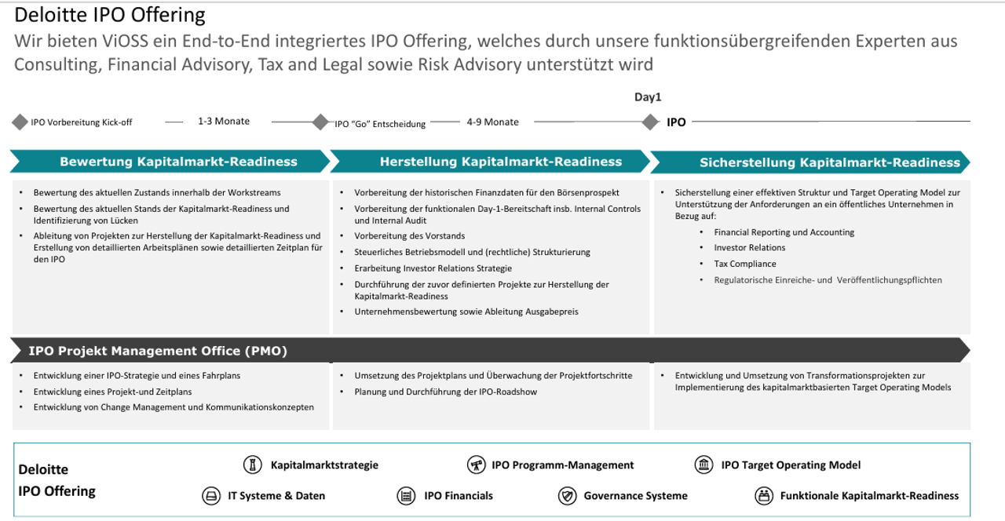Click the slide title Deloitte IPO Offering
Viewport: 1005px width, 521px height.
[x=110, y=15]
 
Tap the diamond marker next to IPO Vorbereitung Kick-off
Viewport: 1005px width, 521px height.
[x=20, y=122]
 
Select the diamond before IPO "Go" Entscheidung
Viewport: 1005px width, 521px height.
[x=320, y=122]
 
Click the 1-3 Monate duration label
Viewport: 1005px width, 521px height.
[x=224, y=122]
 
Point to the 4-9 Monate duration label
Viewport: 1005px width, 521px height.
[x=492, y=122]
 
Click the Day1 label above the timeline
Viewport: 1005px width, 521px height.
[x=648, y=97]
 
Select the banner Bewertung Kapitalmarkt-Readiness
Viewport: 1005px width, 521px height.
[x=178, y=162]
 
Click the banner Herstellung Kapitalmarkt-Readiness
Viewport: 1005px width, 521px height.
[x=500, y=162]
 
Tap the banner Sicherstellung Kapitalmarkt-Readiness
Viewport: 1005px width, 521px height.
[x=829, y=162]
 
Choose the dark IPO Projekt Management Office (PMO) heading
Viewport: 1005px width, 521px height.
[x=158, y=351]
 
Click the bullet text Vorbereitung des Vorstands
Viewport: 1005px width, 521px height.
[x=409, y=236]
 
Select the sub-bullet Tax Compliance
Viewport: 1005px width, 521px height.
[x=744, y=264]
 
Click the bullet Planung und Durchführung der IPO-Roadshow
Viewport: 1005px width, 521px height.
[x=445, y=392]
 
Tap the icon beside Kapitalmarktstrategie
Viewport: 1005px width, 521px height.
[x=252, y=465]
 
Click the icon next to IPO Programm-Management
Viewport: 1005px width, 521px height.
[x=476, y=465]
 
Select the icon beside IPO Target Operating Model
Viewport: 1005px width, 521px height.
[x=704, y=465]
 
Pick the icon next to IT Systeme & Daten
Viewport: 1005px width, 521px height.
[x=211, y=496]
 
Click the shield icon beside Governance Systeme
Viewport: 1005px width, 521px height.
[x=567, y=496]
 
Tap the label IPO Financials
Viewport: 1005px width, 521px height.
[x=459, y=496]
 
